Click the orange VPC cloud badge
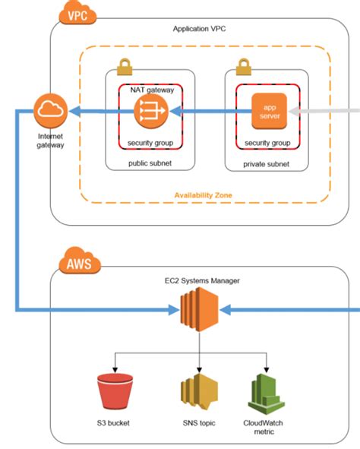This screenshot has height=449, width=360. pos(77,12)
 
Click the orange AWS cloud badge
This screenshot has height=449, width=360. pos(80,261)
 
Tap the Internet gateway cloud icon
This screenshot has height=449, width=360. pos(51,110)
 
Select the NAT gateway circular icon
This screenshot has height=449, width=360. pos(151,111)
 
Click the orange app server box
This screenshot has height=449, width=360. pos(269,111)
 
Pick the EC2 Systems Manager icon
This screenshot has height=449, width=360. pos(199,309)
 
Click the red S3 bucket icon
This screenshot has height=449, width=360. pos(115,391)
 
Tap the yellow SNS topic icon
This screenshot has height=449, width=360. pos(199,391)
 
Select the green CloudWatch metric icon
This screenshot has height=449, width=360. pos(266,394)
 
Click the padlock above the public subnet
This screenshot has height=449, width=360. pos(125,67)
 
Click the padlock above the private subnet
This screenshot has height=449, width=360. pos(244,67)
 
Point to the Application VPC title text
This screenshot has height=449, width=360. pos(199,29)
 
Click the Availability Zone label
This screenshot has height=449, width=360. pos(204,195)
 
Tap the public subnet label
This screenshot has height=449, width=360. pos(150,163)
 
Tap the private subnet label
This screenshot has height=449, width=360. pos(266,164)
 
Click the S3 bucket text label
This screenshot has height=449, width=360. pos(113,423)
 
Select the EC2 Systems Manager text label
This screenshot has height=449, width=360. pos(202,280)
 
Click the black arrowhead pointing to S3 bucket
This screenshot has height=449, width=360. pos(115,370)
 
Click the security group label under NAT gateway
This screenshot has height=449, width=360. pos(150,143)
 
